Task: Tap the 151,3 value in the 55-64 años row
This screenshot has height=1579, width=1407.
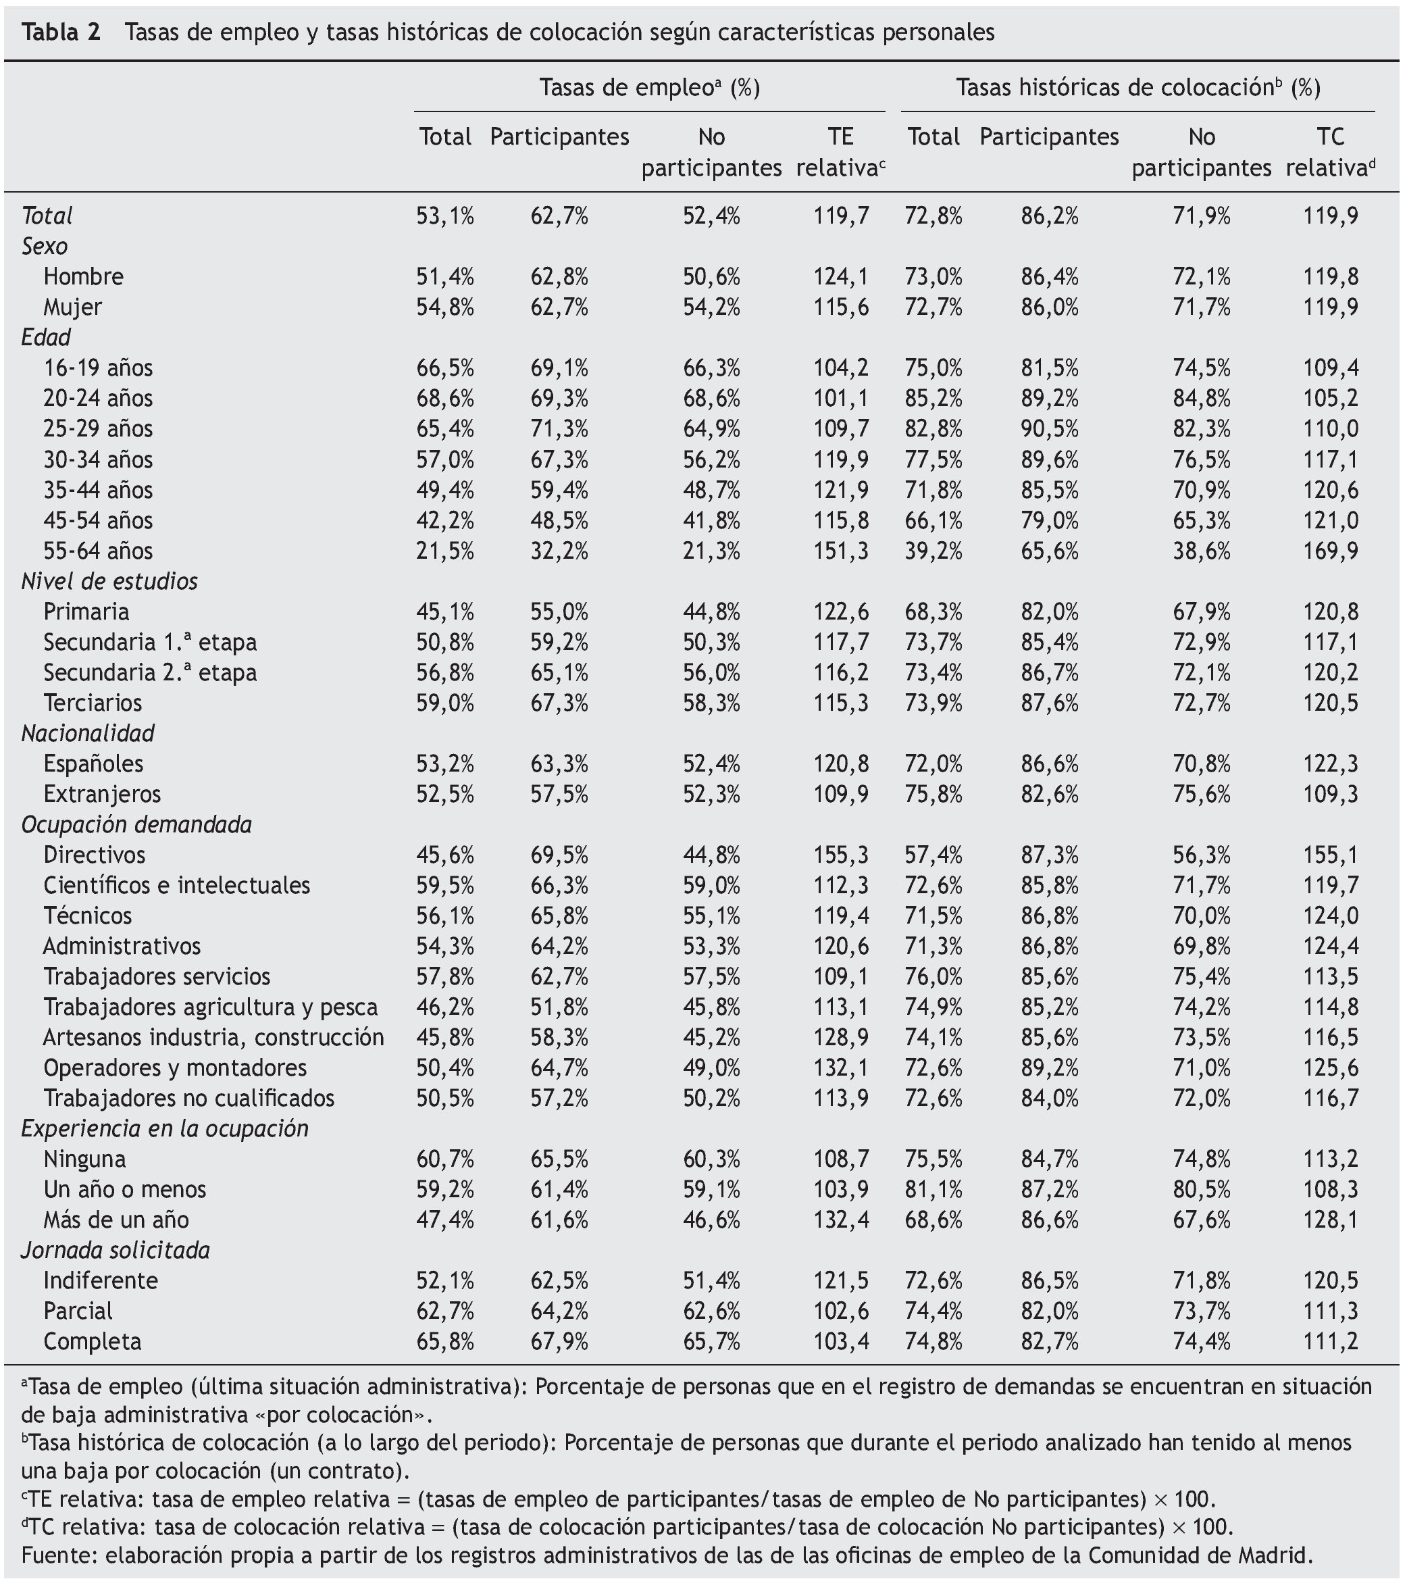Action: (840, 551)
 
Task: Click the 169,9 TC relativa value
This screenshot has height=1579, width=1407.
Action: (1331, 551)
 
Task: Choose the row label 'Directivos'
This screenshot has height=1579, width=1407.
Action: (95, 855)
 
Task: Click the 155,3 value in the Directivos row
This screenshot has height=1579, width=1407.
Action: (840, 855)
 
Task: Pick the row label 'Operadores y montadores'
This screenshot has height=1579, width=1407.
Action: (175, 1068)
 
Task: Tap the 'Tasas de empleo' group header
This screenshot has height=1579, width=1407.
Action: (649, 88)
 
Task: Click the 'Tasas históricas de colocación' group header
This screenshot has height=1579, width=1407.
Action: (1138, 88)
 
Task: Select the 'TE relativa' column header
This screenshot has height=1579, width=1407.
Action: (840, 151)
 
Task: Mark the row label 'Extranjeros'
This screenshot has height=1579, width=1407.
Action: (102, 794)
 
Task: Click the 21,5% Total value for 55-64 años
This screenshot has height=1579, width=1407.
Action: (444, 551)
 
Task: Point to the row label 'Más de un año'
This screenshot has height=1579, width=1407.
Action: (116, 1220)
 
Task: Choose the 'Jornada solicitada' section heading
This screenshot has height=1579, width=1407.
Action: (116, 1251)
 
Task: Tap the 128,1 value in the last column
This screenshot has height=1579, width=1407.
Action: (1331, 1220)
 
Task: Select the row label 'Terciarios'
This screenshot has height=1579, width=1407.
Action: (93, 703)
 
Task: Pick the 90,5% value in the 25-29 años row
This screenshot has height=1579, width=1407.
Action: (1049, 428)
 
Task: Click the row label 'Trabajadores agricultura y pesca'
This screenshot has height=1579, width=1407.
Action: (210, 1007)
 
